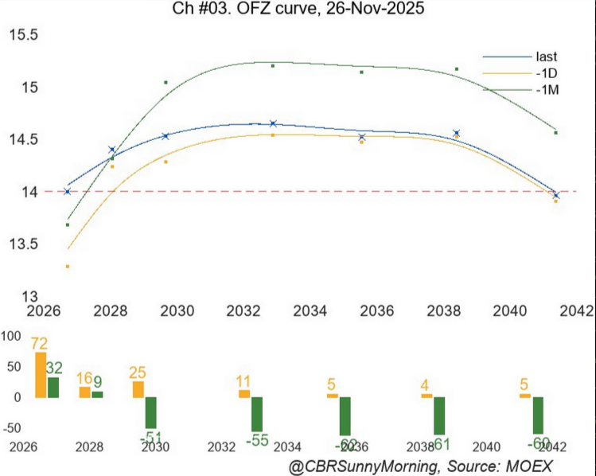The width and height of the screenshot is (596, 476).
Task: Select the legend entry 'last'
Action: pyautogui.click(x=546, y=57)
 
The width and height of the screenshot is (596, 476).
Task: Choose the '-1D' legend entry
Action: pyautogui.click(x=546, y=73)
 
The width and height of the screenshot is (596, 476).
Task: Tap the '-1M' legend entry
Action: pyautogui.click(x=547, y=90)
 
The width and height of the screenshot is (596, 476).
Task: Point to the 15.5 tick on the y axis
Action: pyautogui.click(x=22, y=35)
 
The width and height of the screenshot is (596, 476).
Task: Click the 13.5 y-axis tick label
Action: pyautogui.click(x=22, y=244)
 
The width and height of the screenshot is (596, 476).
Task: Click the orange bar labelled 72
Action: pyautogui.click(x=41, y=375)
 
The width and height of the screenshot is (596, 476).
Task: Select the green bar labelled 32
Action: pyautogui.click(x=53, y=387)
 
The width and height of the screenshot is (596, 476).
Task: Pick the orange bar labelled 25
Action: pyautogui.click(x=138, y=388)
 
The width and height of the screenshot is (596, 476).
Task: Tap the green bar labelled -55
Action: pyautogui.click(x=257, y=414)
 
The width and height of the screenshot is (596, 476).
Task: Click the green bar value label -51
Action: pyautogui.click(x=151, y=439)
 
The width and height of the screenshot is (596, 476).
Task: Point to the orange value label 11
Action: pyautogui.click(x=244, y=380)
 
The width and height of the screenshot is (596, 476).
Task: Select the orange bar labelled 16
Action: pyautogui.click(x=84, y=392)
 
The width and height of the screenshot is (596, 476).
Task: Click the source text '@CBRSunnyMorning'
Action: pyautogui.click(x=358, y=465)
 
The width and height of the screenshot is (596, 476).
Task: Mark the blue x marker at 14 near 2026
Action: pyautogui.click(x=67, y=191)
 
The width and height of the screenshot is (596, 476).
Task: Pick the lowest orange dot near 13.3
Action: pyautogui.click(x=68, y=266)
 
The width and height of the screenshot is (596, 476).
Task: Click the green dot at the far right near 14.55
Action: pyautogui.click(x=555, y=132)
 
